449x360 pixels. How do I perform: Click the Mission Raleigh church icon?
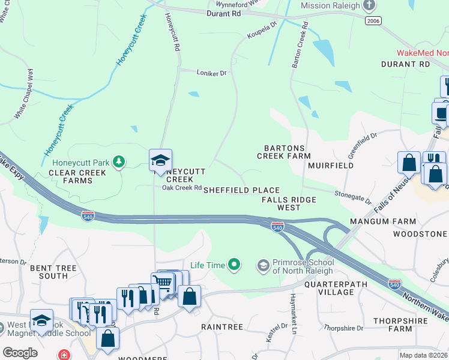(370, 6)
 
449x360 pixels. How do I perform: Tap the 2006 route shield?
(372, 20)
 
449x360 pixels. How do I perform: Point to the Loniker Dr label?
(212, 73)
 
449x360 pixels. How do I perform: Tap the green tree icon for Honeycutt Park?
(119, 161)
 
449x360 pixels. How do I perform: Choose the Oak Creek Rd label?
(181, 188)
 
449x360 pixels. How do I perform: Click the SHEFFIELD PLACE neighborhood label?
(241, 190)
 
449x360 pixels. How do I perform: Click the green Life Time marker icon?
(234, 264)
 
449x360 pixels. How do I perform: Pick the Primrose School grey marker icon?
(263, 265)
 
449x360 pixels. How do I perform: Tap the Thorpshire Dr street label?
(343, 328)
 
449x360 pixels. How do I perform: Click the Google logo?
(20, 353)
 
